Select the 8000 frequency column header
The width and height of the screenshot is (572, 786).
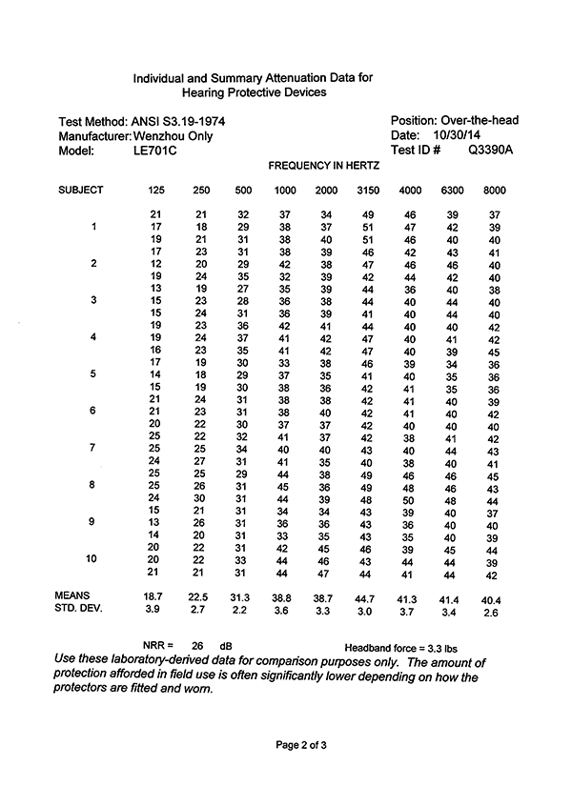(x=494, y=191)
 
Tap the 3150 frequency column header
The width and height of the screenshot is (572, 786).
(x=368, y=191)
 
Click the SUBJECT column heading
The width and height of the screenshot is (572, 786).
(x=81, y=191)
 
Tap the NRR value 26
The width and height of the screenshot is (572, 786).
(x=198, y=644)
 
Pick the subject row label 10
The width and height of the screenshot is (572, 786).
(x=93, y=557)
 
